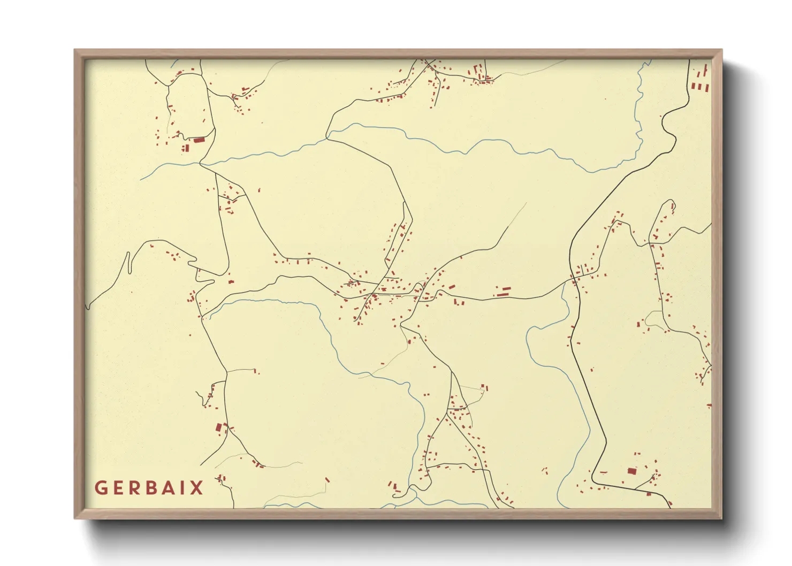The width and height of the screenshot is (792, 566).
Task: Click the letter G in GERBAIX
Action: click(x=101, y=488)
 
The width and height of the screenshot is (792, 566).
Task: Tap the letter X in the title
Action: click(x=197, y=488)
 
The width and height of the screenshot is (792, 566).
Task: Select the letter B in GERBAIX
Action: click(x=150, y=488)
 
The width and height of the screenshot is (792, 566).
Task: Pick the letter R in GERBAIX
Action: click(x=134, y=488)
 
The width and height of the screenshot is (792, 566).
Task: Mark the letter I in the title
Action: click(x=184, y=488)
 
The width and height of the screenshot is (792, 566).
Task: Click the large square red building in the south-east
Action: click(x=632, y=471)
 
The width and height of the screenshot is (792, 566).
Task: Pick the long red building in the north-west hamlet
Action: click(x=199, y=140)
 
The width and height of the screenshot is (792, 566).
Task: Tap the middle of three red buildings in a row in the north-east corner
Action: click(x=699, y=86)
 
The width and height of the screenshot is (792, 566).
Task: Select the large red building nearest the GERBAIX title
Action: click(x=218, y=427)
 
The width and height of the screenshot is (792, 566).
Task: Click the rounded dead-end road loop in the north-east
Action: click(x=671, y=204)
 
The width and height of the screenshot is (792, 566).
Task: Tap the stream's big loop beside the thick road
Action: click(x=530, y=342)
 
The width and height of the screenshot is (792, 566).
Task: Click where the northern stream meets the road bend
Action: click(x=327, y=138)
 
